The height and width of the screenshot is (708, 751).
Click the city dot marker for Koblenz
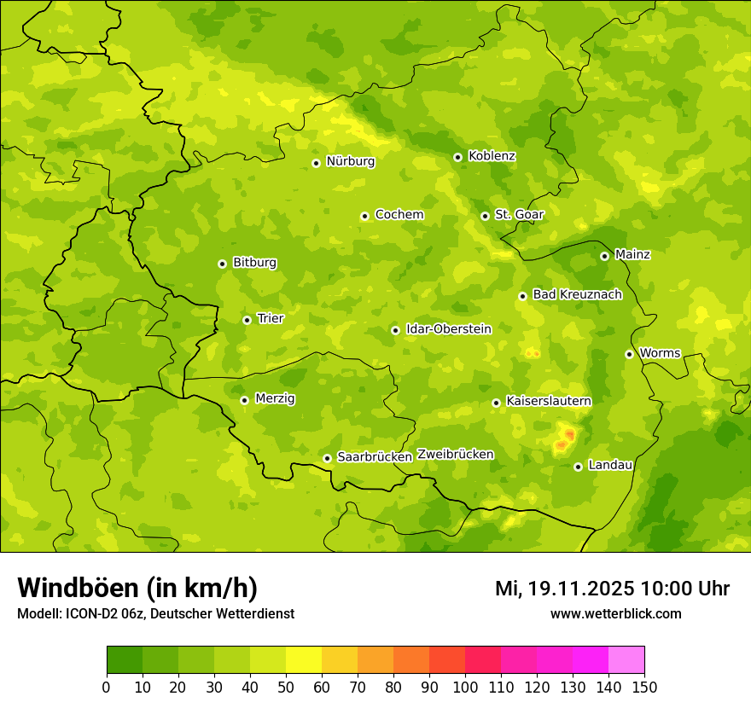[458, 157]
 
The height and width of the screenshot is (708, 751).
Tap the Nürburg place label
[350, 161]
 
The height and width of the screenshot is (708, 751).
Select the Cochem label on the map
[399, 215]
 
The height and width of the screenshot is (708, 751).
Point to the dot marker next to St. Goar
[485, 216]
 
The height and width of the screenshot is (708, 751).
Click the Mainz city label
[632, 254]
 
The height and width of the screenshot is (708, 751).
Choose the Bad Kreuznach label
[577, 294]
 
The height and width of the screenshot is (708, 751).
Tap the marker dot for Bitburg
[222, 264]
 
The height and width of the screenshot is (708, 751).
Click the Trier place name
[270, 318]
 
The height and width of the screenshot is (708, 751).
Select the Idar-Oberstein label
[448, 328]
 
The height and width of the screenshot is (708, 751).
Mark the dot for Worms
[629, 354]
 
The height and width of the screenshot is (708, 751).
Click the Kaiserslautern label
[548, 401]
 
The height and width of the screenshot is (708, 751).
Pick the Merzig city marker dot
[244, 400]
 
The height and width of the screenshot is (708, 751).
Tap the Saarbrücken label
[374, 457]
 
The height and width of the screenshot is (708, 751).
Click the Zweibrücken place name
[455, 455]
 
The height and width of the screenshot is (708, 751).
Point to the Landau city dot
[578, 467]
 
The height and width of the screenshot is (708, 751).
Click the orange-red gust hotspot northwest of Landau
[565, 439]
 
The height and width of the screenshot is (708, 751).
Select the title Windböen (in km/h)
[137, 588]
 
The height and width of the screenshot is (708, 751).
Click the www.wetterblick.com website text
[615, 613]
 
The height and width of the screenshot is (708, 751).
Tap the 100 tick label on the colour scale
[465, 687]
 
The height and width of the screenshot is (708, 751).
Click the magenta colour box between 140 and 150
[626, 660]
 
